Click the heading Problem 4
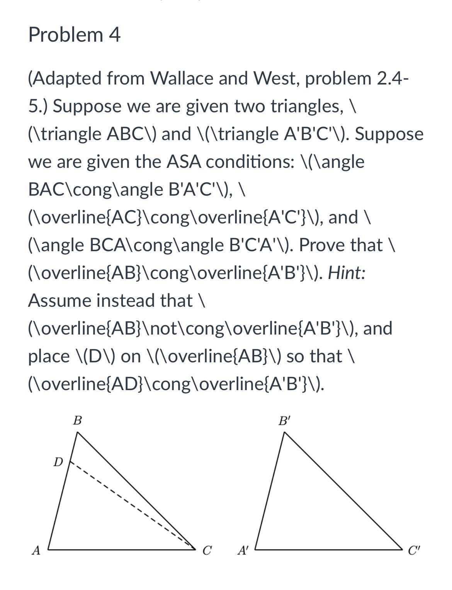pyautogui.click(x=74, y=35)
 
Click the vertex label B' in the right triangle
pyautogui.click(x=284, y=420)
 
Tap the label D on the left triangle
pyautogui.click(x=58, y=462)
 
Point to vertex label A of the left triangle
pyautogui.click(x=36, y=550)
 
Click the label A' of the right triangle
pyautogui.click(x=242, y=550)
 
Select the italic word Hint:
pyautogui.click(x=347, y=273)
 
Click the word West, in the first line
pyautogui.click(x=277, y=78)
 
